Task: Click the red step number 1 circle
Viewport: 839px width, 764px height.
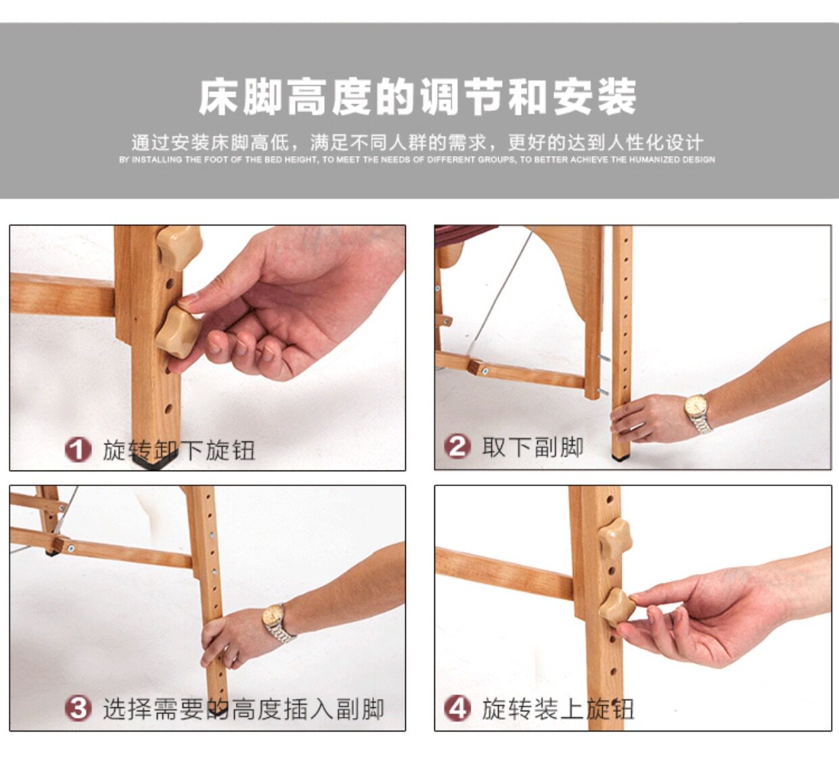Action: click(78, 450)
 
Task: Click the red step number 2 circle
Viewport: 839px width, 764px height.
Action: click(457, 446)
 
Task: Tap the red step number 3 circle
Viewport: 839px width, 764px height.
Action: click(78, 709)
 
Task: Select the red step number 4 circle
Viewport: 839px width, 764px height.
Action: click(457, 709)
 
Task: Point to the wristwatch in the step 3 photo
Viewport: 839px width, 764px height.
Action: click(277, 623)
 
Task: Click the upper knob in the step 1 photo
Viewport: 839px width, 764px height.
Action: click(180, 247)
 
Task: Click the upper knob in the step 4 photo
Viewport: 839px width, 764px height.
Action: click(615, 539)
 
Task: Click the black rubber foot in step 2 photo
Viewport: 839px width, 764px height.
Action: click(621, 457)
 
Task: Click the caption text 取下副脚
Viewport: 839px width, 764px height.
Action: click(532, 447)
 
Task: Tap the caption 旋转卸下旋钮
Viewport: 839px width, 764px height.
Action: click(179, 450)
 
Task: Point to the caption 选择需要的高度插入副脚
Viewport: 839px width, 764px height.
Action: click(244, 709)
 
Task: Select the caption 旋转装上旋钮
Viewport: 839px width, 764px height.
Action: click(558, 709)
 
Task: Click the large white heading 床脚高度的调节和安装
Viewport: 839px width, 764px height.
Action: click(417, 97)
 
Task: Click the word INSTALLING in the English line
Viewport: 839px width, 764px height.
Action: click(157, 160)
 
